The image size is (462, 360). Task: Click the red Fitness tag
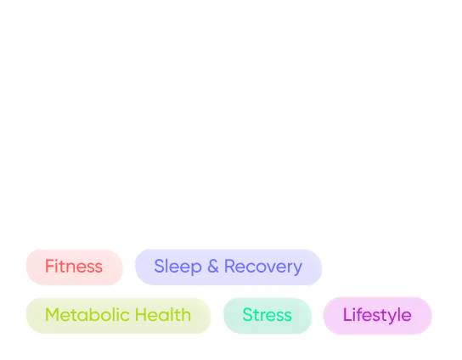74,267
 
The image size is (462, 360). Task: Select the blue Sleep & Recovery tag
228,267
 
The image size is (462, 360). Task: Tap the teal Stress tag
267,315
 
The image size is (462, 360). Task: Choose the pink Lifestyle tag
376,315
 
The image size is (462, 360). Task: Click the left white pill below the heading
83,107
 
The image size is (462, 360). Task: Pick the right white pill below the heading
206,107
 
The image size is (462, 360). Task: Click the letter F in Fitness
48,267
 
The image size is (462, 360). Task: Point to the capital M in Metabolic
51,315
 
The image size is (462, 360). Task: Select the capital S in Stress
246,315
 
